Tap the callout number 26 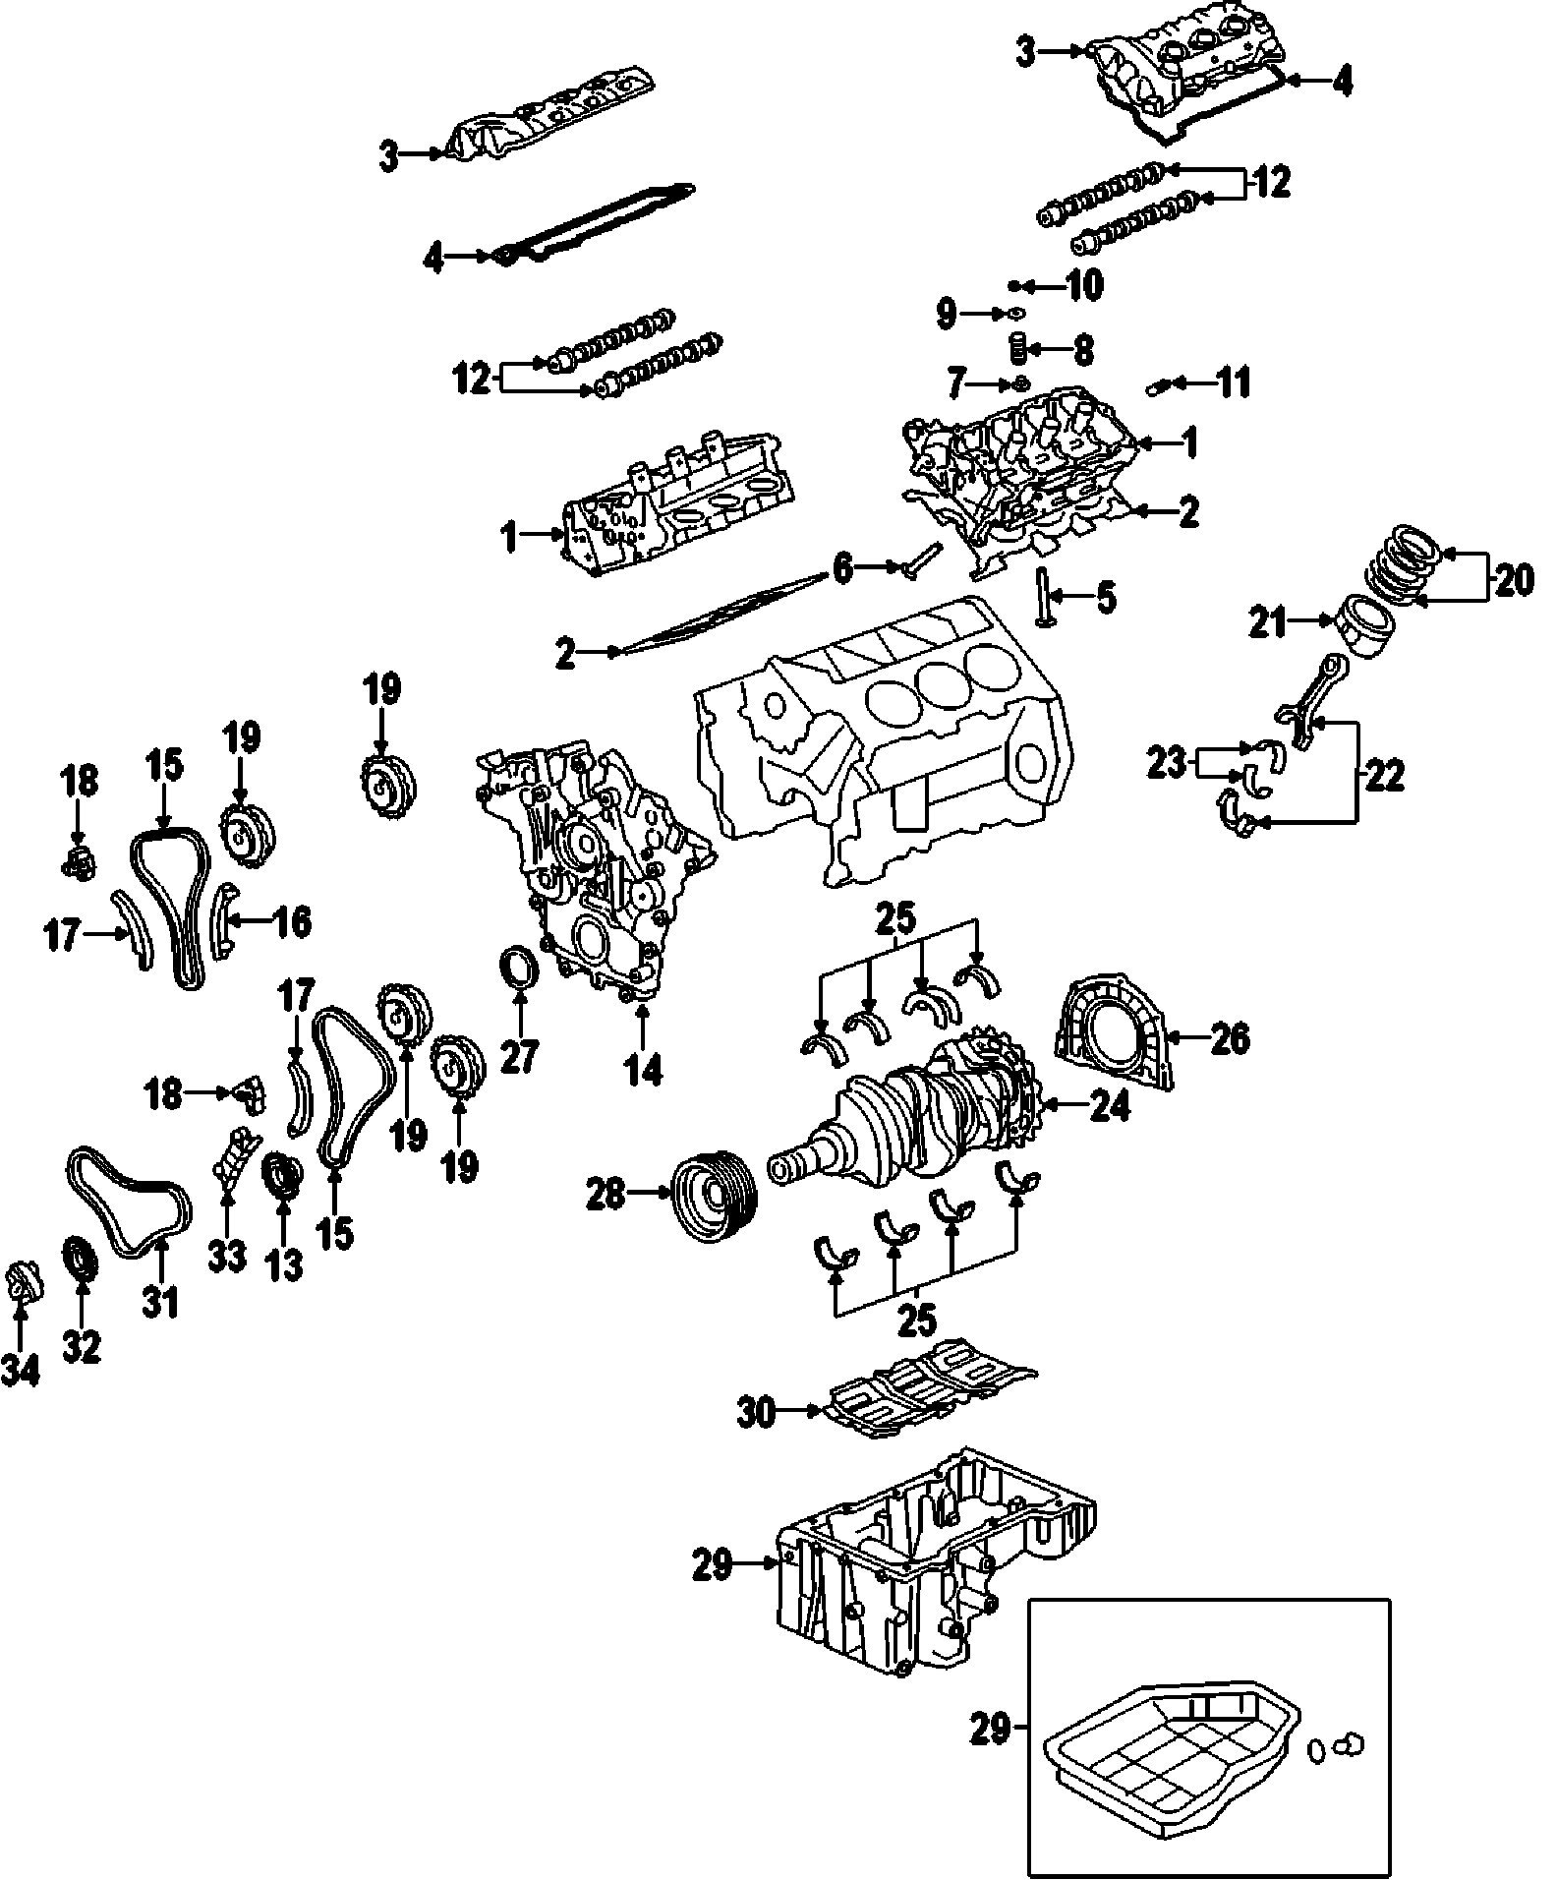click(x=1230, y=1037)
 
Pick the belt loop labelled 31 click(x=128, y=1203)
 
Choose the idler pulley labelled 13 click(x=282, y=1175)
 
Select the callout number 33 click(x=226, y=1257)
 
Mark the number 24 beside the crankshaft click(x=1109, y=1106)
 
